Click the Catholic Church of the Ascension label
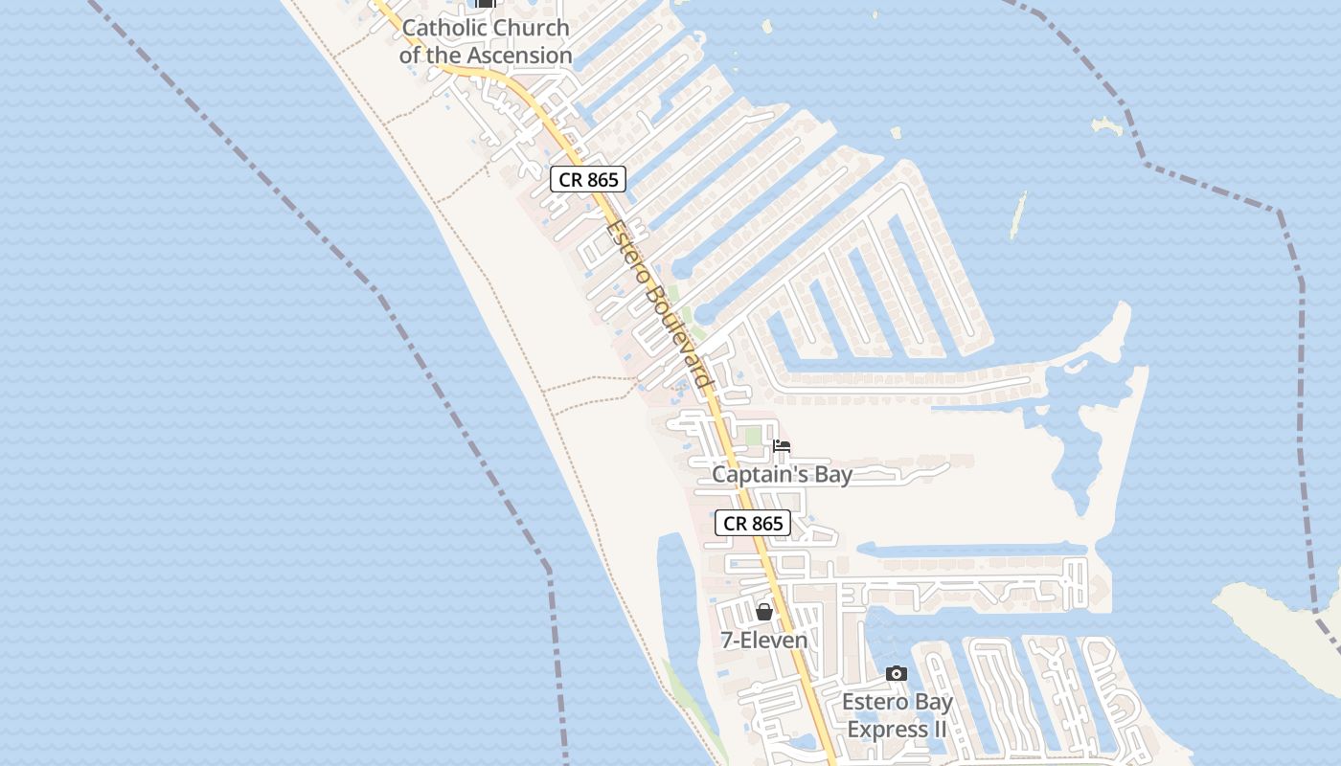486,41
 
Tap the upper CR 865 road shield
587,179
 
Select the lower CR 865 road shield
753,523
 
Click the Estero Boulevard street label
660,304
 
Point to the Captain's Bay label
782,475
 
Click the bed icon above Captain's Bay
782,446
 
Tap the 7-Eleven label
764,640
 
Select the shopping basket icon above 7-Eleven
764,612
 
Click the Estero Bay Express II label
898,715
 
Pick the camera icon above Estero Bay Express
897,674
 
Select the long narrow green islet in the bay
1018,214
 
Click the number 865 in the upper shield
602,179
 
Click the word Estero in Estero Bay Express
874,703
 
